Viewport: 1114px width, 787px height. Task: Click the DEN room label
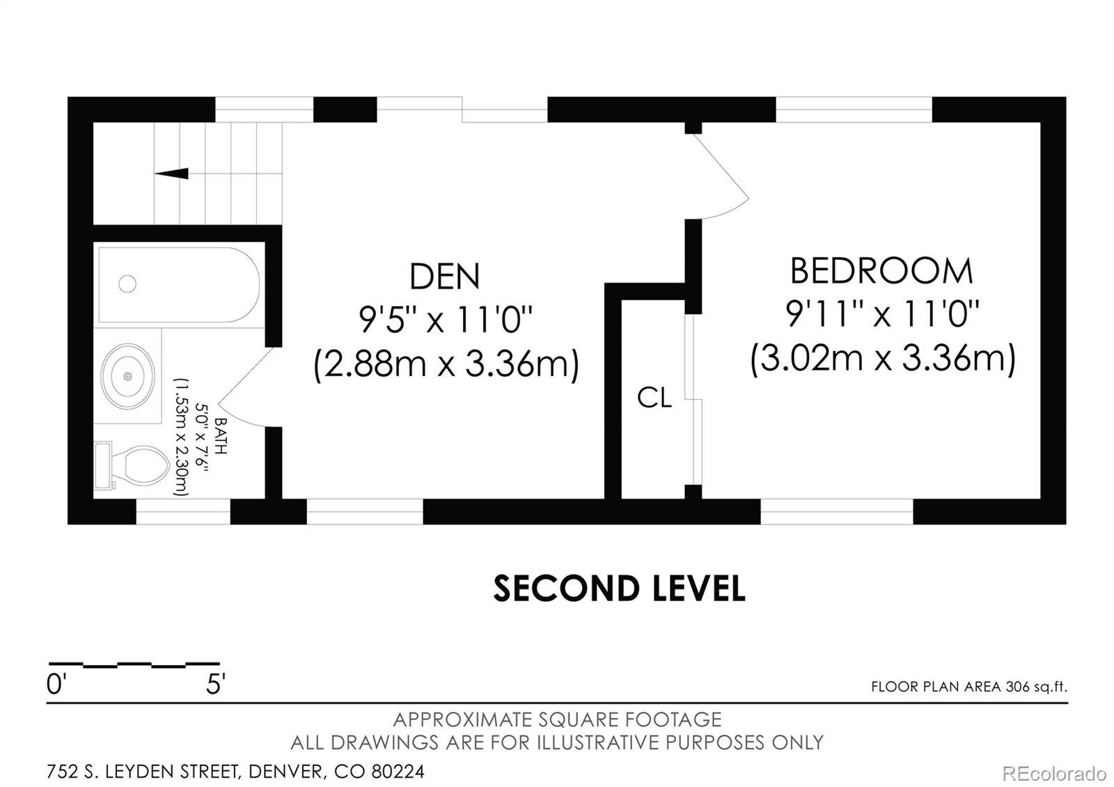pos(445,276)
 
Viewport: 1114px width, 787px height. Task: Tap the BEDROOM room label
pos(881,271)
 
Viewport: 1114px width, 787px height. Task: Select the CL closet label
pos(654,398)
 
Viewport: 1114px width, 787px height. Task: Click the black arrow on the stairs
pos(171,173)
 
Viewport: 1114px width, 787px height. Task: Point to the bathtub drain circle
pos(127,283)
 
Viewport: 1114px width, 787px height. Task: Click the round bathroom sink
pos(127,377)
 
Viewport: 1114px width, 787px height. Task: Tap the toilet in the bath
pos(132,465)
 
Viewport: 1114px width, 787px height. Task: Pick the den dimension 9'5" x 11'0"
pos(446,320)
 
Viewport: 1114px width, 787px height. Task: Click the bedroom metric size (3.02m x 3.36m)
pos(883,359)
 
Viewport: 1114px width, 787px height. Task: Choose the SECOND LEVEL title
pos(619,588)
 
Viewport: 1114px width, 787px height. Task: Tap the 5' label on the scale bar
pos(216,685)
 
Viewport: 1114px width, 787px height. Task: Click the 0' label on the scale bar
pos(56,685)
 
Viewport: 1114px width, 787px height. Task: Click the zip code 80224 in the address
pos(398,771)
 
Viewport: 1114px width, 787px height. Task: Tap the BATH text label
pos(220,436)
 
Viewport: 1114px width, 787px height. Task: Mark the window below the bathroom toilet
pos(183,511)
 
